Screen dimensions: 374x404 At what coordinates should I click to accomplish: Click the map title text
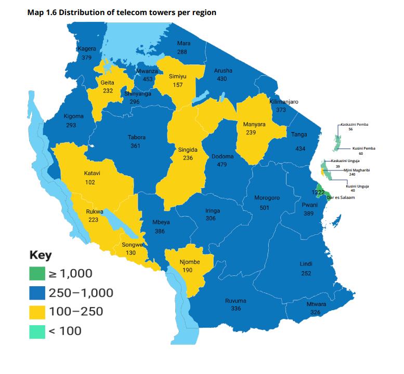pyautogui.click(x=122, y=12)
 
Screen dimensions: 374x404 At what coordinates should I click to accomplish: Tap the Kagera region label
pyautogui.click(x=86, y=49)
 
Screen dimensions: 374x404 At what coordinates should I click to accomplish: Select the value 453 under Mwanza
pyautogui.click(x=148, y=79)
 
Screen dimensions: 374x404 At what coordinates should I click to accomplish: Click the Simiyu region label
pyautogui.click(x=178, y=76)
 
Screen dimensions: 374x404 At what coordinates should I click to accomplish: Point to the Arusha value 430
pyautogui.click(x=222, y=78)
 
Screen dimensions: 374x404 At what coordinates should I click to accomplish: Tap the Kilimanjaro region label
pyautogui.click(x=284, y=102)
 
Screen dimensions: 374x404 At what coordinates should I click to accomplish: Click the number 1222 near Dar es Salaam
pyautogui.click(x=318, y=192)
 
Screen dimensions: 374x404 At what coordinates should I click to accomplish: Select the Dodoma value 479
pyautogui.click(x=222, y=164)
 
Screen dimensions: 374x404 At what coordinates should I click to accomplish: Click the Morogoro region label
pyautogui.click(x=267, y=198)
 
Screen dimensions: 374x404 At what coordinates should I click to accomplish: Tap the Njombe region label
pyautogui.click(x=189, y=262)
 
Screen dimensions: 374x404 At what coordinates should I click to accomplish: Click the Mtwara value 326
pyautogui.click(x=316, y=312)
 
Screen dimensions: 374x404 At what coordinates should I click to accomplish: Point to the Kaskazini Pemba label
pyautogui.click(x=355, y=125)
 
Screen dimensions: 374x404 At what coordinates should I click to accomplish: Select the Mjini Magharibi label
pyautogui.click(x=356, y=170)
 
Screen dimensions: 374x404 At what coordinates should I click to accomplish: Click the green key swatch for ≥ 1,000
pyautogui.click(x=37, y=273)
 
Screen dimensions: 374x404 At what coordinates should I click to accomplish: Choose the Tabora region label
pyautogui.click(x=137, y=138)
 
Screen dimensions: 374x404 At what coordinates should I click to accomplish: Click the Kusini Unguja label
pyautogui.click(x=357, y=185)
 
